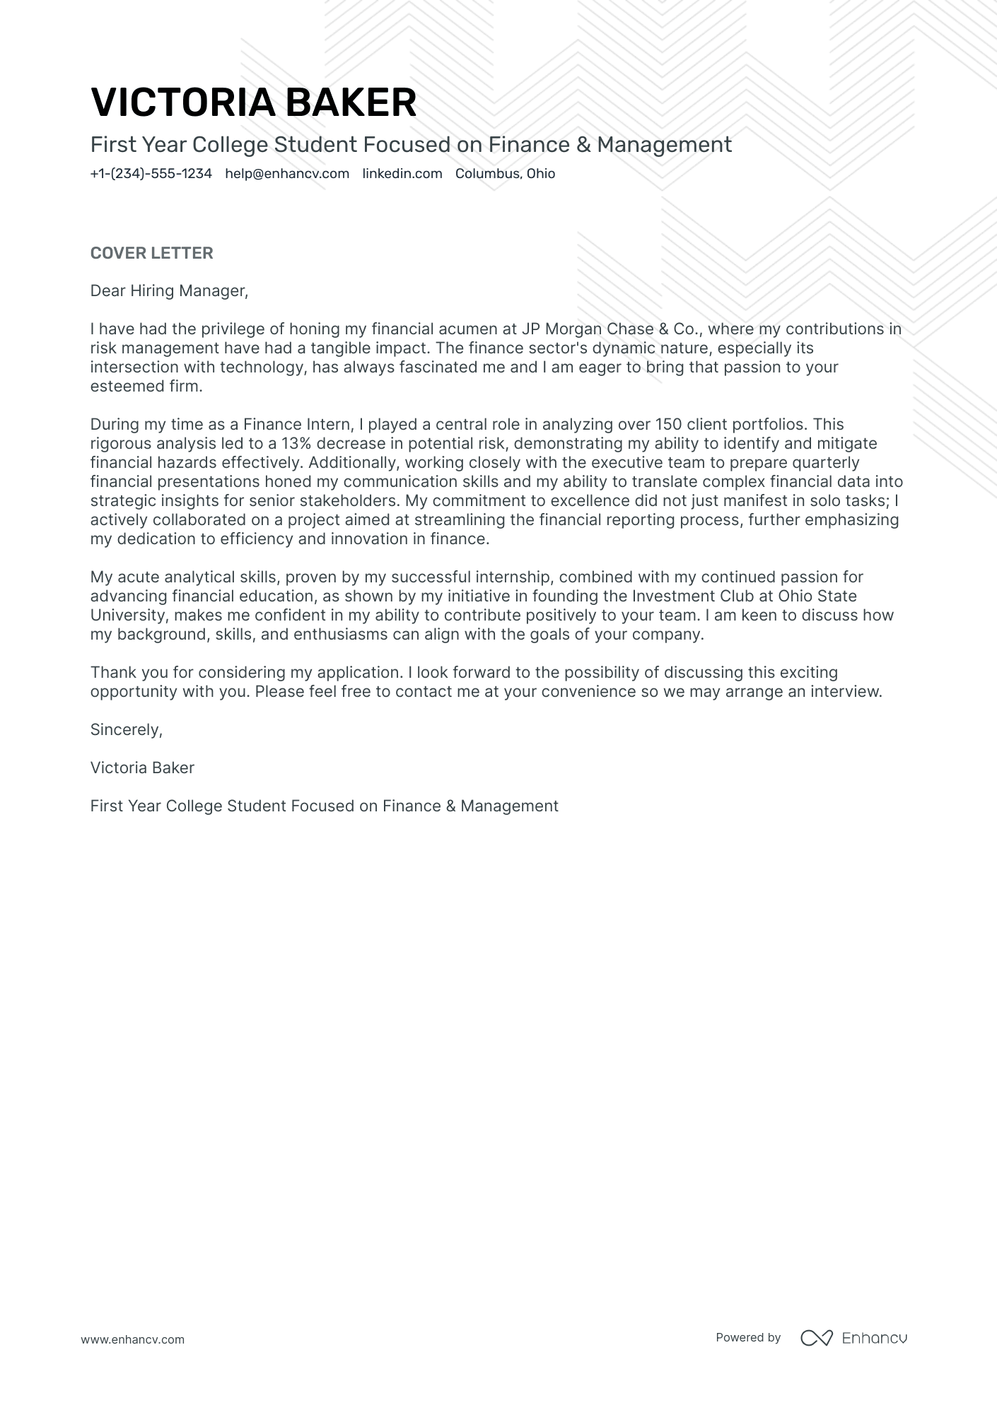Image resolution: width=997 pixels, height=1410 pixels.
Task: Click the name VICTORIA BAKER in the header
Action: pos(253,102)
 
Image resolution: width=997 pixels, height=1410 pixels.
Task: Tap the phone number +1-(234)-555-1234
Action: pos(151,174)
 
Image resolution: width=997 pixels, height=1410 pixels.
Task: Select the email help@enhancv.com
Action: pos(287,174)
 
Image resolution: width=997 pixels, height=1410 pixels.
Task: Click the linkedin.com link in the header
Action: pos(402,174)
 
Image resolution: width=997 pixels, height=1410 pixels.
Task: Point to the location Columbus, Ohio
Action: pos(505,174)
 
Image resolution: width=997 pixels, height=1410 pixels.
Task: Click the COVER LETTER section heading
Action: pos(151,253)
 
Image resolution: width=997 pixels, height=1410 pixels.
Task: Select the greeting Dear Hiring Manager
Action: pos(169,290)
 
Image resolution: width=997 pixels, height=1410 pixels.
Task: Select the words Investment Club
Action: pos(693,597)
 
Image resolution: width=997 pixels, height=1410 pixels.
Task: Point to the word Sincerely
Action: pos(126,730)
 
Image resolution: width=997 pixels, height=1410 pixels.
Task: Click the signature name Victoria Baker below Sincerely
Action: pos(142,768)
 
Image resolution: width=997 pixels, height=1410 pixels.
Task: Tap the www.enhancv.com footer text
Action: pos(132,1339)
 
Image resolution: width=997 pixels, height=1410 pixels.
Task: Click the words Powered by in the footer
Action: pos(747,1337)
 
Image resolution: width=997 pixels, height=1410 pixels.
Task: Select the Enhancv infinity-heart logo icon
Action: pos(816,1338)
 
